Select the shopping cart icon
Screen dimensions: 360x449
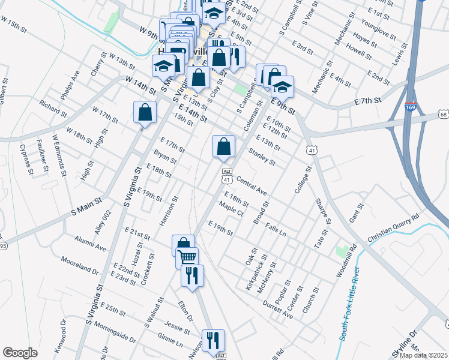[187, 257]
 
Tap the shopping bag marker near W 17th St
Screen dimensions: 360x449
[145, 112]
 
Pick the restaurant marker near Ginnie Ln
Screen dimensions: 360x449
[213, 341]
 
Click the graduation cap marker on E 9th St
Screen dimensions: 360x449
[281, 88]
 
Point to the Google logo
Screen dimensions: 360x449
[20, 352]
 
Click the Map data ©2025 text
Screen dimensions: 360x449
[424, 355]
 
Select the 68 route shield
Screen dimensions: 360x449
[443, 113]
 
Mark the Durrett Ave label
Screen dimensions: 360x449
[277, 308]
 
